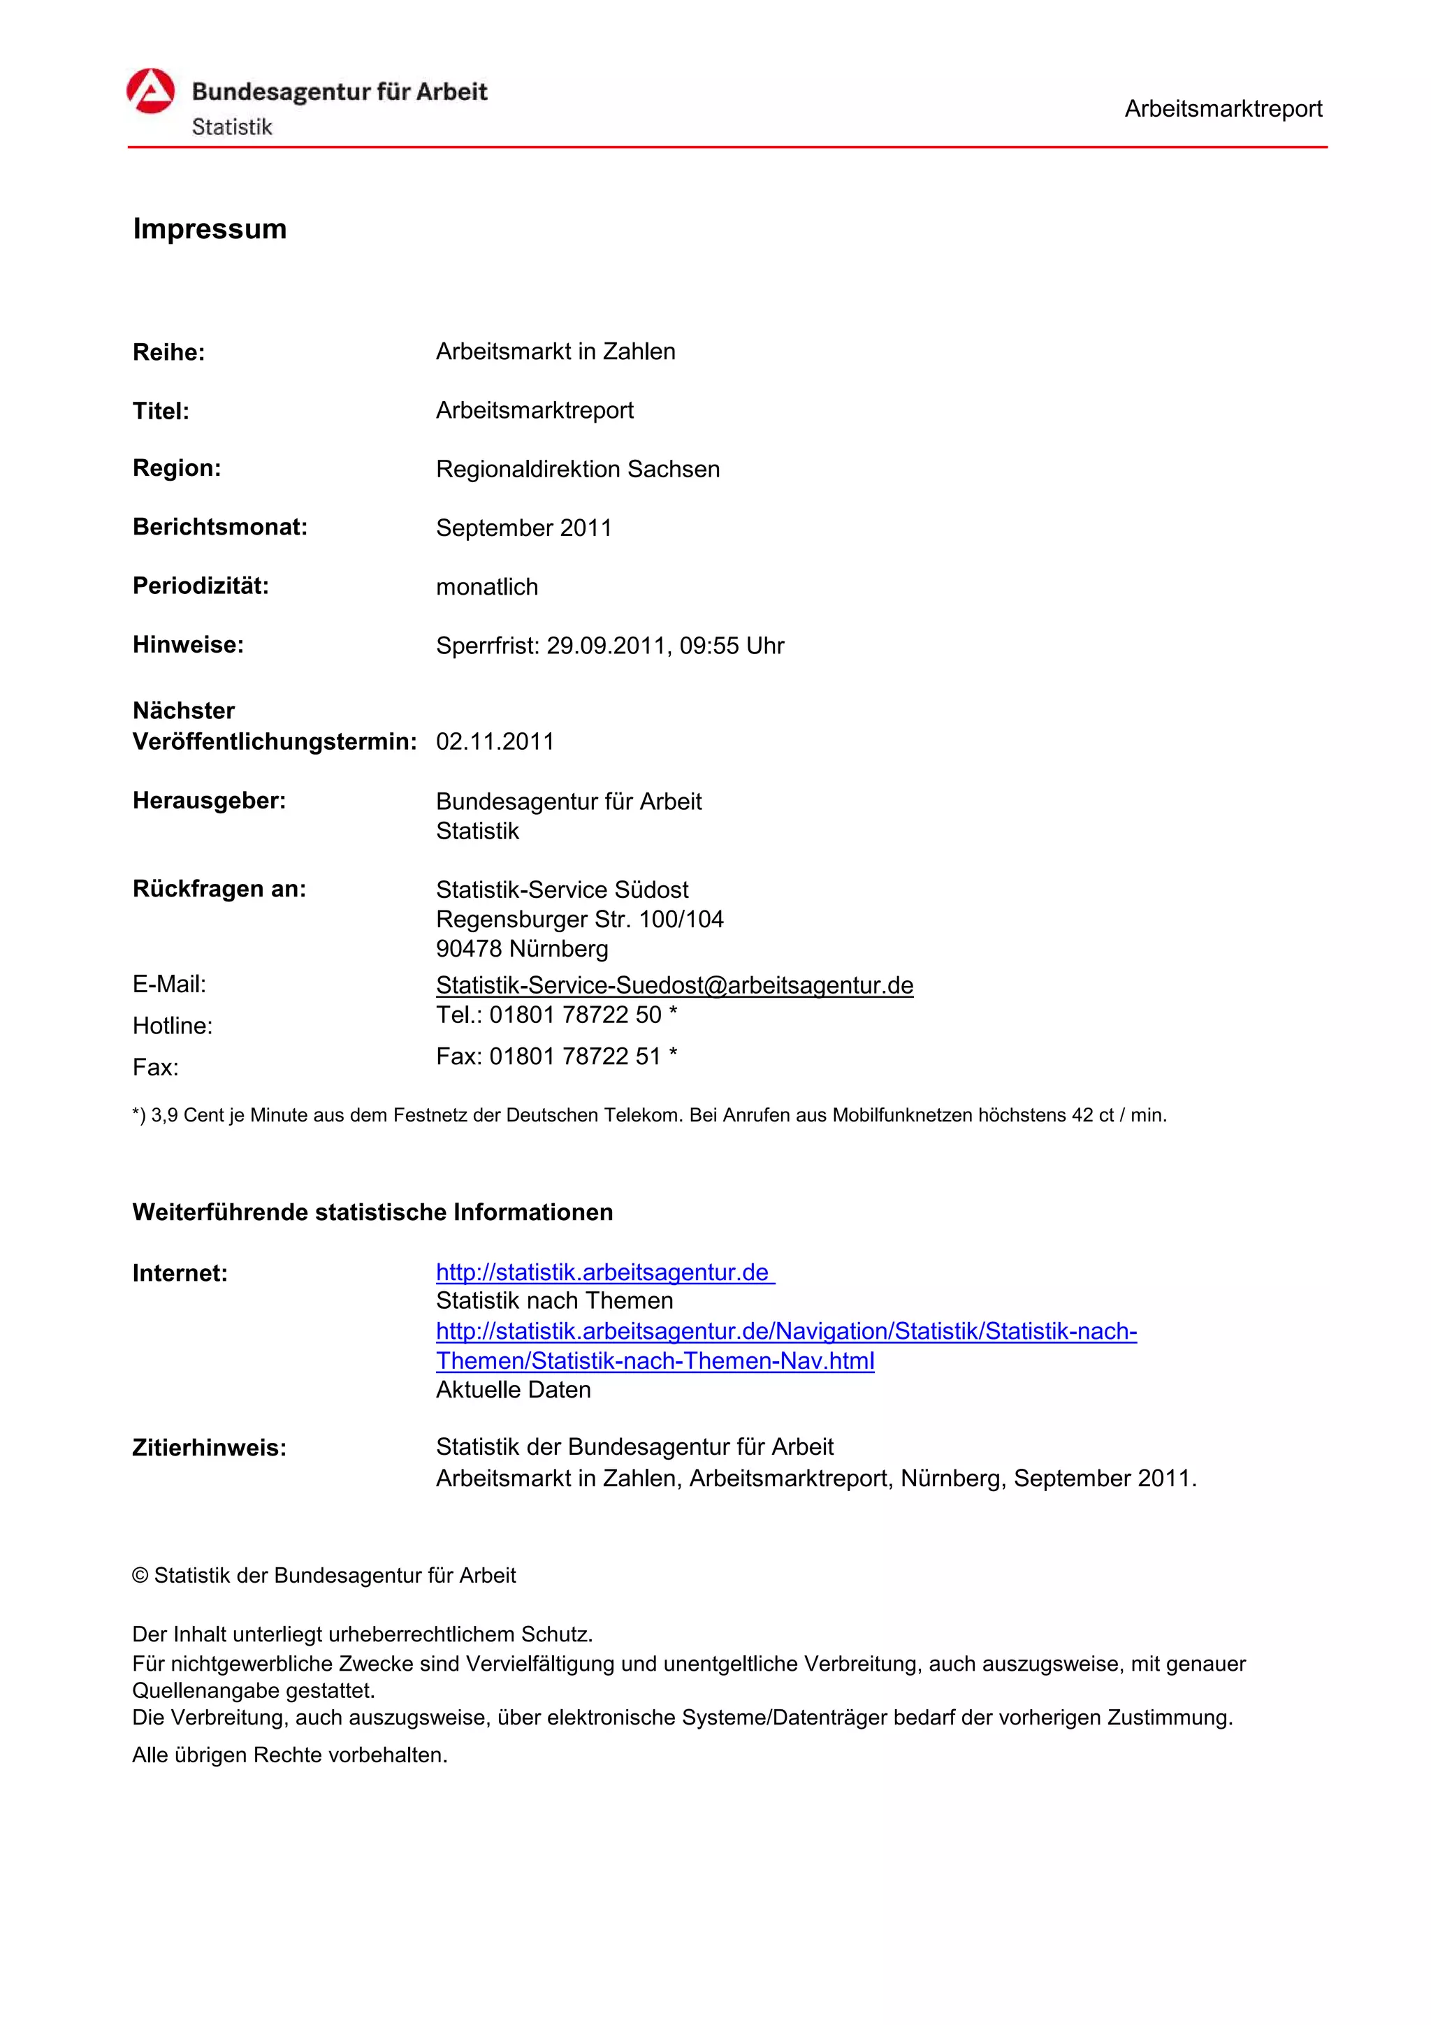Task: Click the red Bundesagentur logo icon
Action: pos(151,92)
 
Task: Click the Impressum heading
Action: pos(210,228)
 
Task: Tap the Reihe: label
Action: pos(168,353)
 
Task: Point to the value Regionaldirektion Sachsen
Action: pos(578,469)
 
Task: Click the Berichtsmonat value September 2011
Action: pos(524,528)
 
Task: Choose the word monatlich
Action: pos(487,588)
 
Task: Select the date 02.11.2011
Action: pos(495,742)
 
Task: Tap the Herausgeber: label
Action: pos(209,801)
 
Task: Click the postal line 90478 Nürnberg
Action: pos(522,949)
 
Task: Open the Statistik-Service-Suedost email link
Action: pos(674,985)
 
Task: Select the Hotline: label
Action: pos(173,1026)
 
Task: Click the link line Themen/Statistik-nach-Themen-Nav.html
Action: pos(655,1361)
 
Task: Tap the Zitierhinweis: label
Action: pos(209,1449)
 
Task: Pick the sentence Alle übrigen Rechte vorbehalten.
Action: pos(290,1755)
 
